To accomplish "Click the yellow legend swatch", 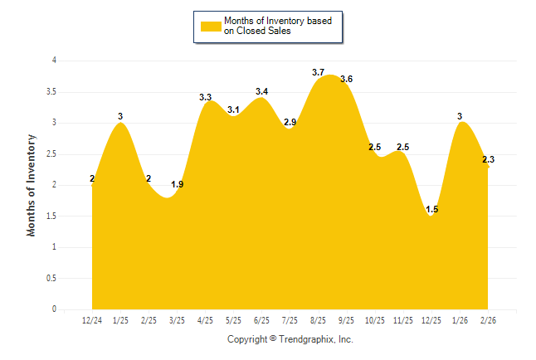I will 212,27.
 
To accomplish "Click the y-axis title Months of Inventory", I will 32,185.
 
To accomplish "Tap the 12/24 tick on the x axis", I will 92,320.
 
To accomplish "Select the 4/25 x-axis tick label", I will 205,320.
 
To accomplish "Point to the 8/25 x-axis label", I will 318,320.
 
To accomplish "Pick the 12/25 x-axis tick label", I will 431,320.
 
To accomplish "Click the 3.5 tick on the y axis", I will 51,91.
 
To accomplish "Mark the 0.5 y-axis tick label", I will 51,278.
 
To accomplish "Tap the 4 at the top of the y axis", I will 54,61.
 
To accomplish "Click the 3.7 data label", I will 318,73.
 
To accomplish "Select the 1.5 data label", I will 431,210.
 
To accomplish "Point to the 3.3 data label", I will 205,98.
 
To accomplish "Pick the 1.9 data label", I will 177,184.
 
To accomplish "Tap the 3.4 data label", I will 261,91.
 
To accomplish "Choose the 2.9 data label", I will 290,123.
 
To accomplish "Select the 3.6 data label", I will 347,80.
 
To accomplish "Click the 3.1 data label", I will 233,110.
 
